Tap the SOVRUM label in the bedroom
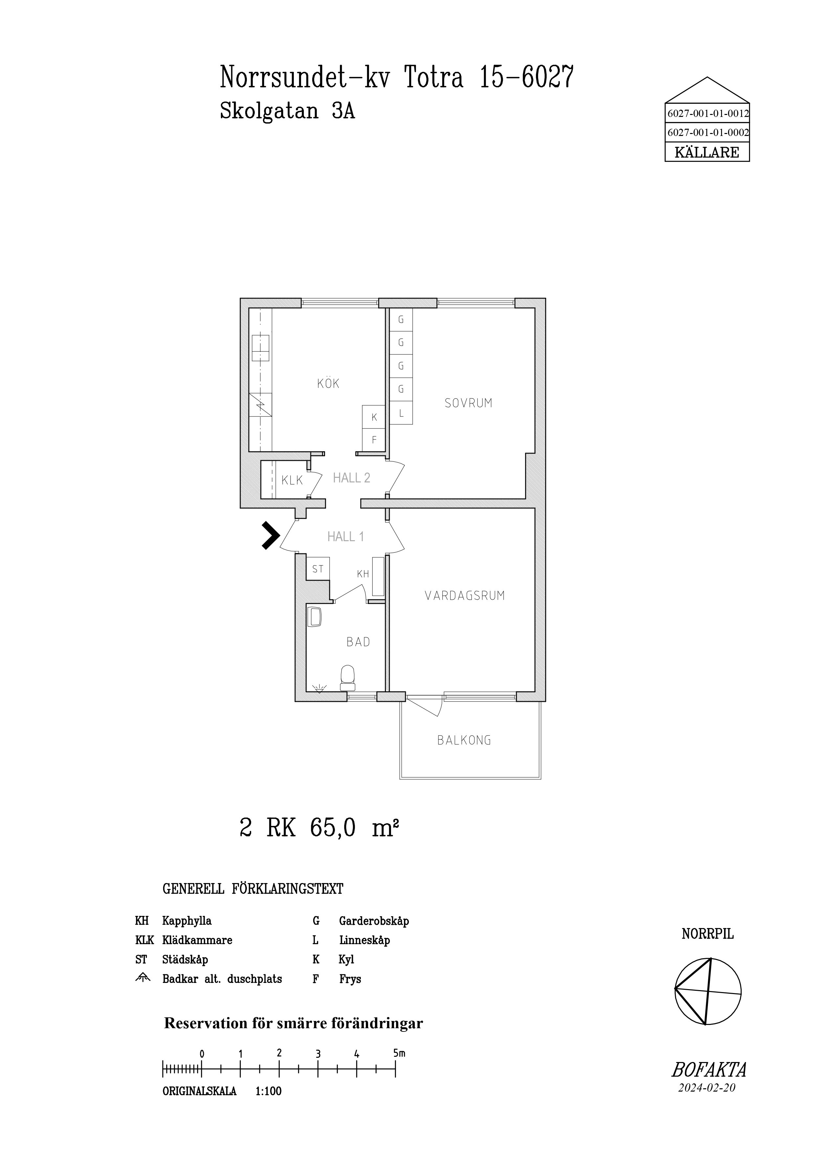469,403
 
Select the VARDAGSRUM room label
464,596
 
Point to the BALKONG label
464,740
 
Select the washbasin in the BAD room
315,617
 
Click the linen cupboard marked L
401,413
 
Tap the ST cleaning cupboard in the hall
318,569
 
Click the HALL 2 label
352,478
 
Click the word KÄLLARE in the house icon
707,152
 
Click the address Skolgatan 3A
287,111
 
